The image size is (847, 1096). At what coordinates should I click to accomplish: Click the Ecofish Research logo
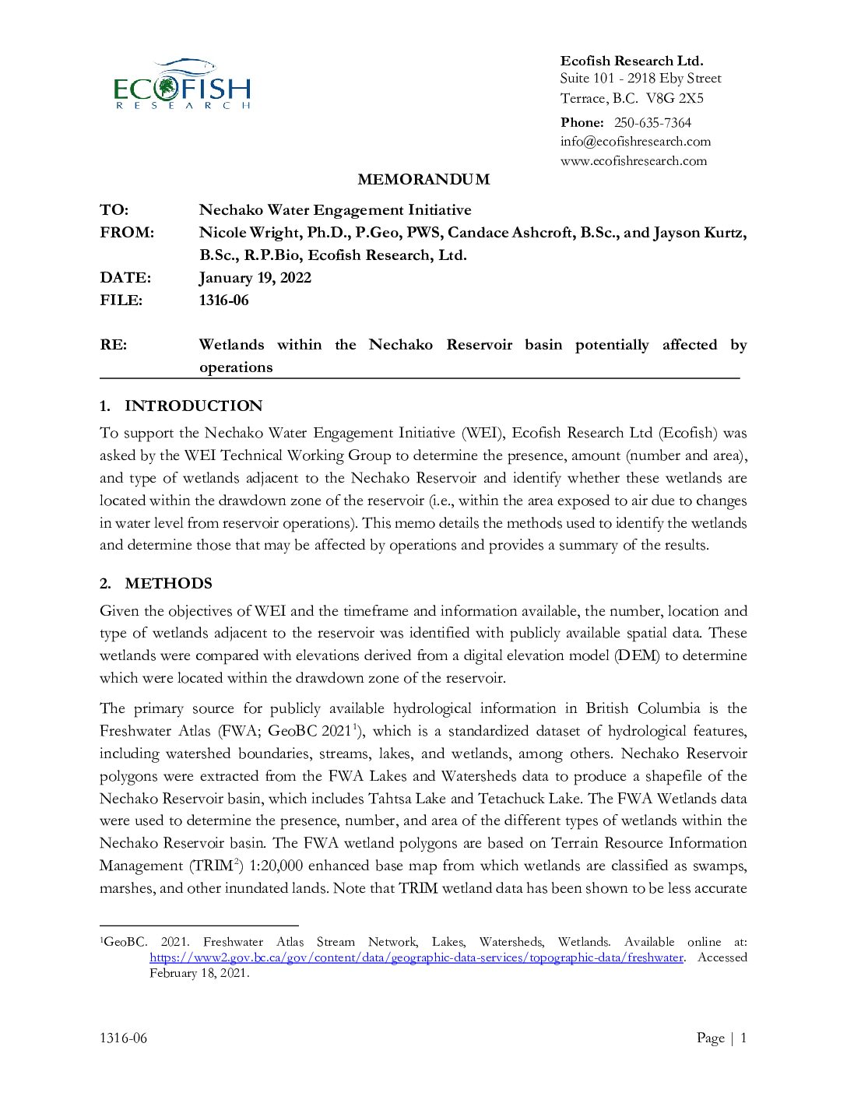[x=182, y=84]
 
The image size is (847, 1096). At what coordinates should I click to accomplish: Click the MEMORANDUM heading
[x=423, y=180]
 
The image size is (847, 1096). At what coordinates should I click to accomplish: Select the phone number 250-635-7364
[x=652, y=122]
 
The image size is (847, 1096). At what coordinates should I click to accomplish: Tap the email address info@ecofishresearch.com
[x=635, y=142]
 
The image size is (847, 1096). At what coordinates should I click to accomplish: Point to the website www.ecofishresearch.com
[x=634, y=161]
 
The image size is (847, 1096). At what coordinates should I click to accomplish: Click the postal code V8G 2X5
[x=675, y=98]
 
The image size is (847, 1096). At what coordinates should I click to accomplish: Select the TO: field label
[x=114, y=210]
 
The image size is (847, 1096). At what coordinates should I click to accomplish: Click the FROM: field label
[x=127, y=233]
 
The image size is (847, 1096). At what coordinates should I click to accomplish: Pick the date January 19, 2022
[x=255, y=278]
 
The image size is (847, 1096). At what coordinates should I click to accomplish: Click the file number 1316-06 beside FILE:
[x=224, y=300]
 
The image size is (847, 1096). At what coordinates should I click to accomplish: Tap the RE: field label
[x=114, y=345]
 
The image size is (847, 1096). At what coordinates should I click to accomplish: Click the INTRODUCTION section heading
[x=193, y=406]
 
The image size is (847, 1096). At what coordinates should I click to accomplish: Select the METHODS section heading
[x=168, y=584]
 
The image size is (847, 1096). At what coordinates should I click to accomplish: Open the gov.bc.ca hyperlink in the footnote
[x=416, y=958]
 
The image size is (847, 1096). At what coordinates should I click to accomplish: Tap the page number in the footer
[x=743, y=1038]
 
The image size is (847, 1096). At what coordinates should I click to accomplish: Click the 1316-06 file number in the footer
[x=123, y=1038]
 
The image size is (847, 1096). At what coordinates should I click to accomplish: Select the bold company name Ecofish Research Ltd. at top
[x=631, y=61]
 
